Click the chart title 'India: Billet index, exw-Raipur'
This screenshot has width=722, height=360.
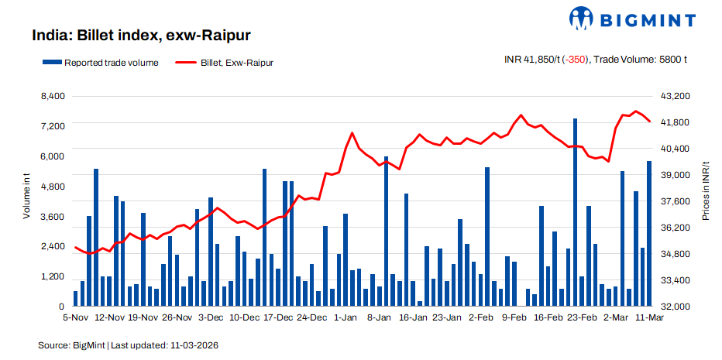[x=141, y=35]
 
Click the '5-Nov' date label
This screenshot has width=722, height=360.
[x=76, y=317]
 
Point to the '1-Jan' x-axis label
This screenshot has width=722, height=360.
[x=346, y=317]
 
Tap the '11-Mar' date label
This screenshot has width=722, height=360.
[x=649, y=317]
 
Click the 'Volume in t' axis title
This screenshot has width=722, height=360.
[x=27, y=197]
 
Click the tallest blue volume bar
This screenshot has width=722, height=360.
[x=576, y=213]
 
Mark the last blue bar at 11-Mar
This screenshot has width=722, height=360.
[x=649, y=234]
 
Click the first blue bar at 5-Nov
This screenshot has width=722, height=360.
[x=76, y=299]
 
